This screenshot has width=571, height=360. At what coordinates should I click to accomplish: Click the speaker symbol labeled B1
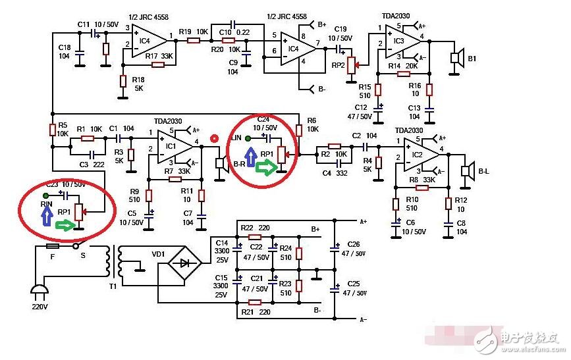pos(454,58)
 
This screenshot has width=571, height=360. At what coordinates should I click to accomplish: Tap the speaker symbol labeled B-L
pos(467,171)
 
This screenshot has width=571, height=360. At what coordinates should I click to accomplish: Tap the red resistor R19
pos(194,40)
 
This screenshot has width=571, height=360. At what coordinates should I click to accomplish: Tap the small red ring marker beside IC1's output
pos(213,139)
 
